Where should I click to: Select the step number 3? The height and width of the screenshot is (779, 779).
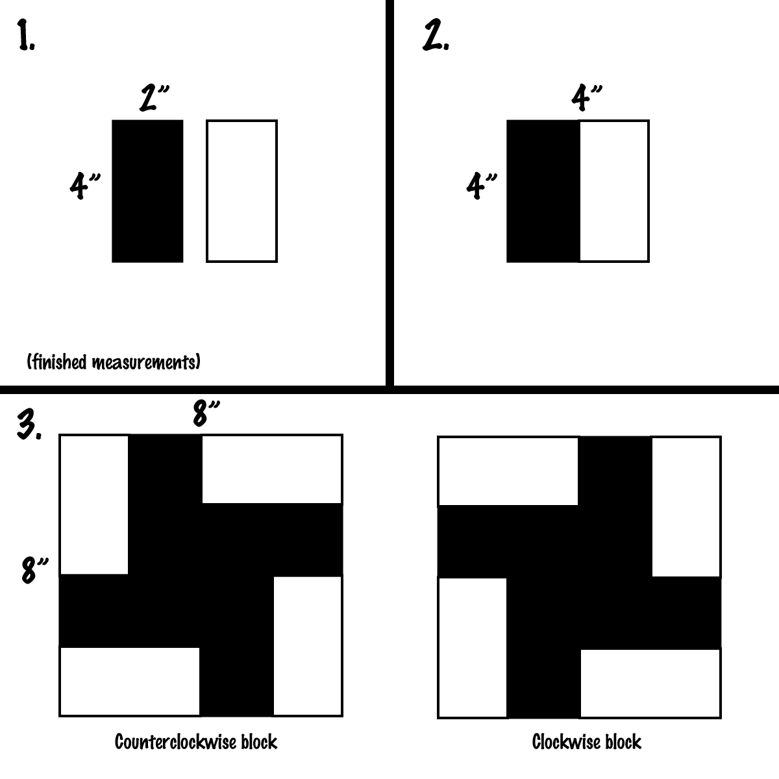pos(29,425)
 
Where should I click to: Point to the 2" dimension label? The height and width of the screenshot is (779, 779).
pos(154,99)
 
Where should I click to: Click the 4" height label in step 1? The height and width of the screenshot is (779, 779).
pos(85,186)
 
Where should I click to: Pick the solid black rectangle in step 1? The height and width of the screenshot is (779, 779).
pos(147,191)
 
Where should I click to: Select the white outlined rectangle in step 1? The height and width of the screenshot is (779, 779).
pos(241,191)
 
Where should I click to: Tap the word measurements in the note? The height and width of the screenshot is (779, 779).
pos(144,362)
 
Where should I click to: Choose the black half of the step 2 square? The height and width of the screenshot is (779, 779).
pos(543,191)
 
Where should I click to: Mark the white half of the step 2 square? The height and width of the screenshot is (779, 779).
pos(613,191)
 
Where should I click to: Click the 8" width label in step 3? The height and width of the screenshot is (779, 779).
pos(207,414)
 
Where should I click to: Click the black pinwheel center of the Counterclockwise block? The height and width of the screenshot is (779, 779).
pos(201,575)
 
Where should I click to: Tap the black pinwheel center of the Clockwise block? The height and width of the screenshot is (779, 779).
pos(579,576)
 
